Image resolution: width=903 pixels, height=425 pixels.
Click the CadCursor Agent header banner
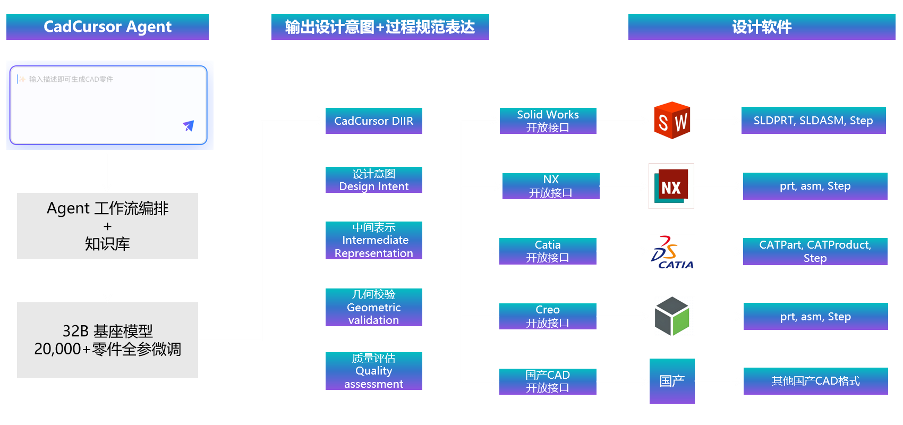(x=107, y=27)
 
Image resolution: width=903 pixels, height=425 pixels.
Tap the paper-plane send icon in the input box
(x=189, y=126)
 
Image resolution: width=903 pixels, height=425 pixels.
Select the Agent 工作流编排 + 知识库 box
(x=107, y=226)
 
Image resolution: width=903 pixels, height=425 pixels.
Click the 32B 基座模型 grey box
(x=107, y=340)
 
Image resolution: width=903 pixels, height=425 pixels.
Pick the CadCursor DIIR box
(x=373, y=121)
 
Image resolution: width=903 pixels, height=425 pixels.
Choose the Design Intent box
(x=373, y=180)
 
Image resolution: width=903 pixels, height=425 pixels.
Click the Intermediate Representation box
(x=373, y=241)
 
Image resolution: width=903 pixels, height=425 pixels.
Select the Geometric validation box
(x=373, y=307)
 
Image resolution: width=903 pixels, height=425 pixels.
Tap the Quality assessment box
(x=373, y=371)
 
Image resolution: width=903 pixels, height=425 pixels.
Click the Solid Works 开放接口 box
(x=548, y=121)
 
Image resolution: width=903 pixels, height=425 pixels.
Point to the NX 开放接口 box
(x=550, y=186)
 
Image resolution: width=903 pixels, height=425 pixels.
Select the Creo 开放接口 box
(x=548, y=316)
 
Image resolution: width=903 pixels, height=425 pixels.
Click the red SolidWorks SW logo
(x=672, y=121)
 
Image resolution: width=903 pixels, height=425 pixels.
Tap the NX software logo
(x=671, y=186)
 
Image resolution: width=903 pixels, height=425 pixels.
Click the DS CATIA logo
(x=672, y=251)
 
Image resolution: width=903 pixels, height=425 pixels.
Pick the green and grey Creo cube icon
(x=672, y=316)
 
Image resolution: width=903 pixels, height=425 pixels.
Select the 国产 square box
(x=672, y=381)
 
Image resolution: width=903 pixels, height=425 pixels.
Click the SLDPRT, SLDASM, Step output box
(x=813, y=121)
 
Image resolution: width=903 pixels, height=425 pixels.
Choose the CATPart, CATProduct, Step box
(x=815, y=251)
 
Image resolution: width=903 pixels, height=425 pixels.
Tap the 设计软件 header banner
(x=761, y=27)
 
